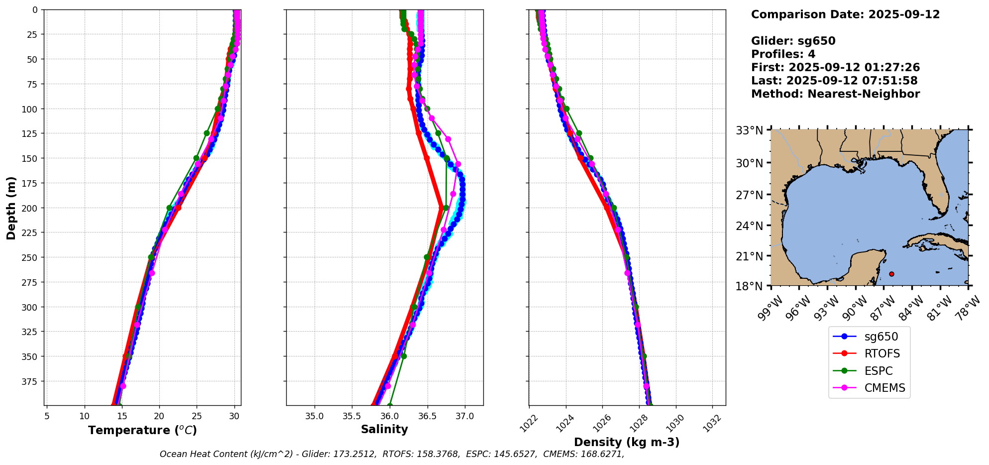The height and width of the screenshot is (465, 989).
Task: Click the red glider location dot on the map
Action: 891,274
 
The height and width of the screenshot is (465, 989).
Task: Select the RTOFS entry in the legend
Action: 882,353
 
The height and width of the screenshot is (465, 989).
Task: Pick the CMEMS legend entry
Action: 884,388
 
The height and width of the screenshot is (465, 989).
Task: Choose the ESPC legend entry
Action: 879,371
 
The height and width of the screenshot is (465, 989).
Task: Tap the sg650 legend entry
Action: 881,337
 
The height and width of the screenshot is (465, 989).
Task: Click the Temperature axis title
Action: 142,430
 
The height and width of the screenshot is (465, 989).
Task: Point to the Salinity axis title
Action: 384,429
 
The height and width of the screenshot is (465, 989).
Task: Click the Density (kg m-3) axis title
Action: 627,442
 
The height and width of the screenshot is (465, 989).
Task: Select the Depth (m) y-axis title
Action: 11,208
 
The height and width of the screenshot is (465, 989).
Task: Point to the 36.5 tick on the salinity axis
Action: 427,416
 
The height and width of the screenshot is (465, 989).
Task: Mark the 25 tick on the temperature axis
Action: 197,416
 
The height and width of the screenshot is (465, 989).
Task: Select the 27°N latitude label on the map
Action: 750,195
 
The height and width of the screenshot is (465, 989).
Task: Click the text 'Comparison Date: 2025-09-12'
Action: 845,14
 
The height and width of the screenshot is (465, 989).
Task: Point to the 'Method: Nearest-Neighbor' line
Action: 835,94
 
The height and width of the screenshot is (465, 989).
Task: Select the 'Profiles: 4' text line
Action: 783,54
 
